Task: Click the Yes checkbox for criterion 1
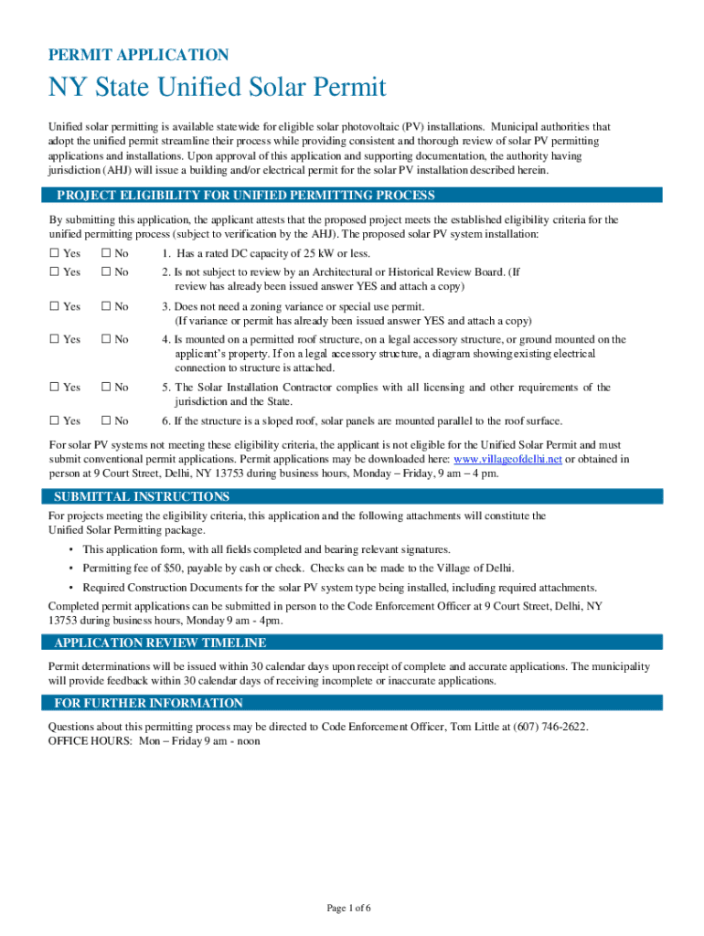pos(54,253)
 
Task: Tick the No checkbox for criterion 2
pos(106,272)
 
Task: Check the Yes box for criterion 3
pos(54,306)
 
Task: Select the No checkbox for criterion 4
pos(106,339)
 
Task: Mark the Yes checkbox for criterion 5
pos(54,388)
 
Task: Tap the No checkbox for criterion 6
pos(106,420)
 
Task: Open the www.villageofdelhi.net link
pos(507,460)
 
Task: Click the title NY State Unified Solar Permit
pos(217,88)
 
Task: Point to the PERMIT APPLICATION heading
pos(138,55)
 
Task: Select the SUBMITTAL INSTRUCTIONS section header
pos(142,496)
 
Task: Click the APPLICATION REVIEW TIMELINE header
pos(160,643)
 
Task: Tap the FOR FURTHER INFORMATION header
pos(148,703)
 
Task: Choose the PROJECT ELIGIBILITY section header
pos(245,195)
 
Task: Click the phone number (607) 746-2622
pos(548,727)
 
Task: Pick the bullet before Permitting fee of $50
pos(70,569)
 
